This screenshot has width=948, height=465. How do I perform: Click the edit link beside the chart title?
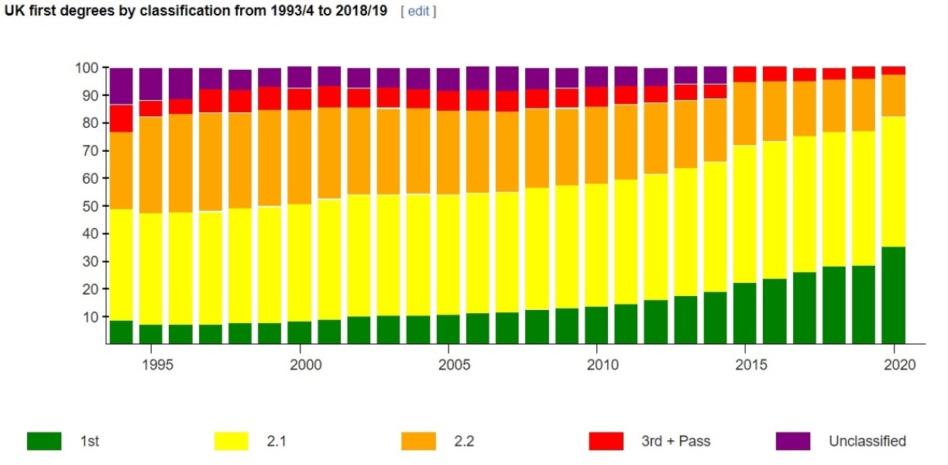(418, 12)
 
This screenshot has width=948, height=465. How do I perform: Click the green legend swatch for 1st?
(44, 441)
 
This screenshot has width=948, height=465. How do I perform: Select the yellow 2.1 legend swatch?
(231, 441)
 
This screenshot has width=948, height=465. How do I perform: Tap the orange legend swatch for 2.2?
(418, 441)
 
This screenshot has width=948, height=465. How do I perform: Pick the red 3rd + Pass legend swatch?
(606, 441)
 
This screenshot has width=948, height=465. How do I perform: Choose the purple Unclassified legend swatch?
(792, 441)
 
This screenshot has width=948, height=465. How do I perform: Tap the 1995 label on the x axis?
(152, 365)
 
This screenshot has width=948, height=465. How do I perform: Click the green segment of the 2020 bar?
(894, 295)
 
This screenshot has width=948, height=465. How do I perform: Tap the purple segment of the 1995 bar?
(151, 84)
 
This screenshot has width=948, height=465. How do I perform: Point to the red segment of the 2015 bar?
(745, 74)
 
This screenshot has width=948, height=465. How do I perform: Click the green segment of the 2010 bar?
(596, 325)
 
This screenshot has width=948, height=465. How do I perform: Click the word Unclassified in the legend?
(867, 441)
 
